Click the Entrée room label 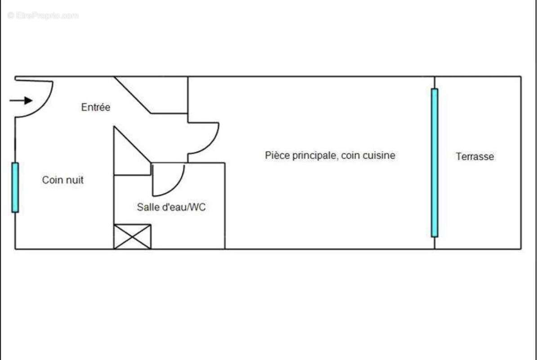pos(95,107)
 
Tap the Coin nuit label pos(63,180)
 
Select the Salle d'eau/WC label pos(171,207)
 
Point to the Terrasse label pos(474,157)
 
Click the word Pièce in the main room pos(277,155)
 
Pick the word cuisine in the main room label pos(379,155)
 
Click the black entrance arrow pos(21,100)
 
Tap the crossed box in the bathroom pos(132,236)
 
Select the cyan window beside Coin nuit pos(15,187)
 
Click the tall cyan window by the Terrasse pos(434,163)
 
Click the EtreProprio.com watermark pos(43,15)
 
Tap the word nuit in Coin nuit pos(74,180)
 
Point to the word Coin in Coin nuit pos(52,180)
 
